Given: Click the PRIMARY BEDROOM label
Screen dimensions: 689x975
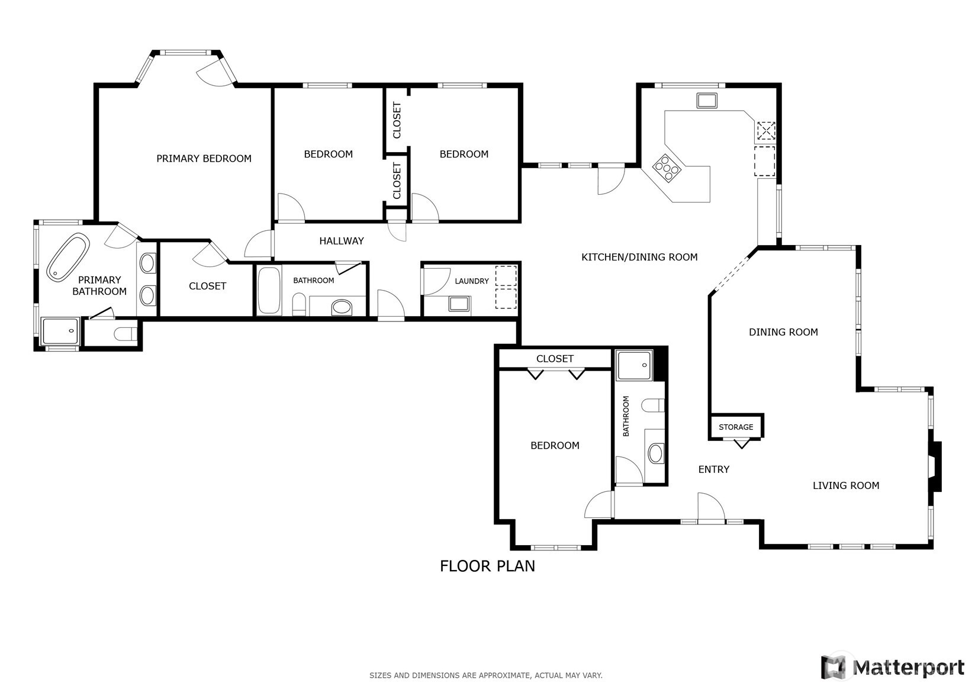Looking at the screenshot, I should (x=204, y=159).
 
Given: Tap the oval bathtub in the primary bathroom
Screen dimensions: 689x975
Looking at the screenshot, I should (x=68, y=257).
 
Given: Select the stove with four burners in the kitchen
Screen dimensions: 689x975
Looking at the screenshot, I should (x=667, y=167).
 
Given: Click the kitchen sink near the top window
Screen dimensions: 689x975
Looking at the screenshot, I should (x=707, y=100).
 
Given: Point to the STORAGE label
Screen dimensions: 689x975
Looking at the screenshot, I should (x=736, y=427).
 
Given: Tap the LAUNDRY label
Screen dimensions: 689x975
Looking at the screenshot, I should (x=472, y=281).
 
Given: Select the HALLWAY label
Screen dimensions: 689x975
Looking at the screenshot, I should (x=342, y=241).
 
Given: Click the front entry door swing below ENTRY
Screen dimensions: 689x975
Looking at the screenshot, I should (x=710, y=507).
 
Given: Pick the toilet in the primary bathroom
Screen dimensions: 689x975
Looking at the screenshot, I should (x=125, y=333).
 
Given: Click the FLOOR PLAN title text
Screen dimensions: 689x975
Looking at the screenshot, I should (x=487, y=566).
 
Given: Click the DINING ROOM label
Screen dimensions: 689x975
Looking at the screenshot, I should (x=783, y=332).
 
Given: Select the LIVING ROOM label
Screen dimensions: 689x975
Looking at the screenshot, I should (x=845, y=485).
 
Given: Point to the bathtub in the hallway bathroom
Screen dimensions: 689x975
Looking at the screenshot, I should (x=269, y=291).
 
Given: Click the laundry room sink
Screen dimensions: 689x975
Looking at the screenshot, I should (x=459, y=304).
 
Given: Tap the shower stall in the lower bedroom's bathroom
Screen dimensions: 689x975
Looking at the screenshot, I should (x=634, y=365).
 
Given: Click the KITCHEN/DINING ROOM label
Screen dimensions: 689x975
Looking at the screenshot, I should (x=639, y=257).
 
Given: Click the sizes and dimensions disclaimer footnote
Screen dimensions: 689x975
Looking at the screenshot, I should (x=486, y=675).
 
